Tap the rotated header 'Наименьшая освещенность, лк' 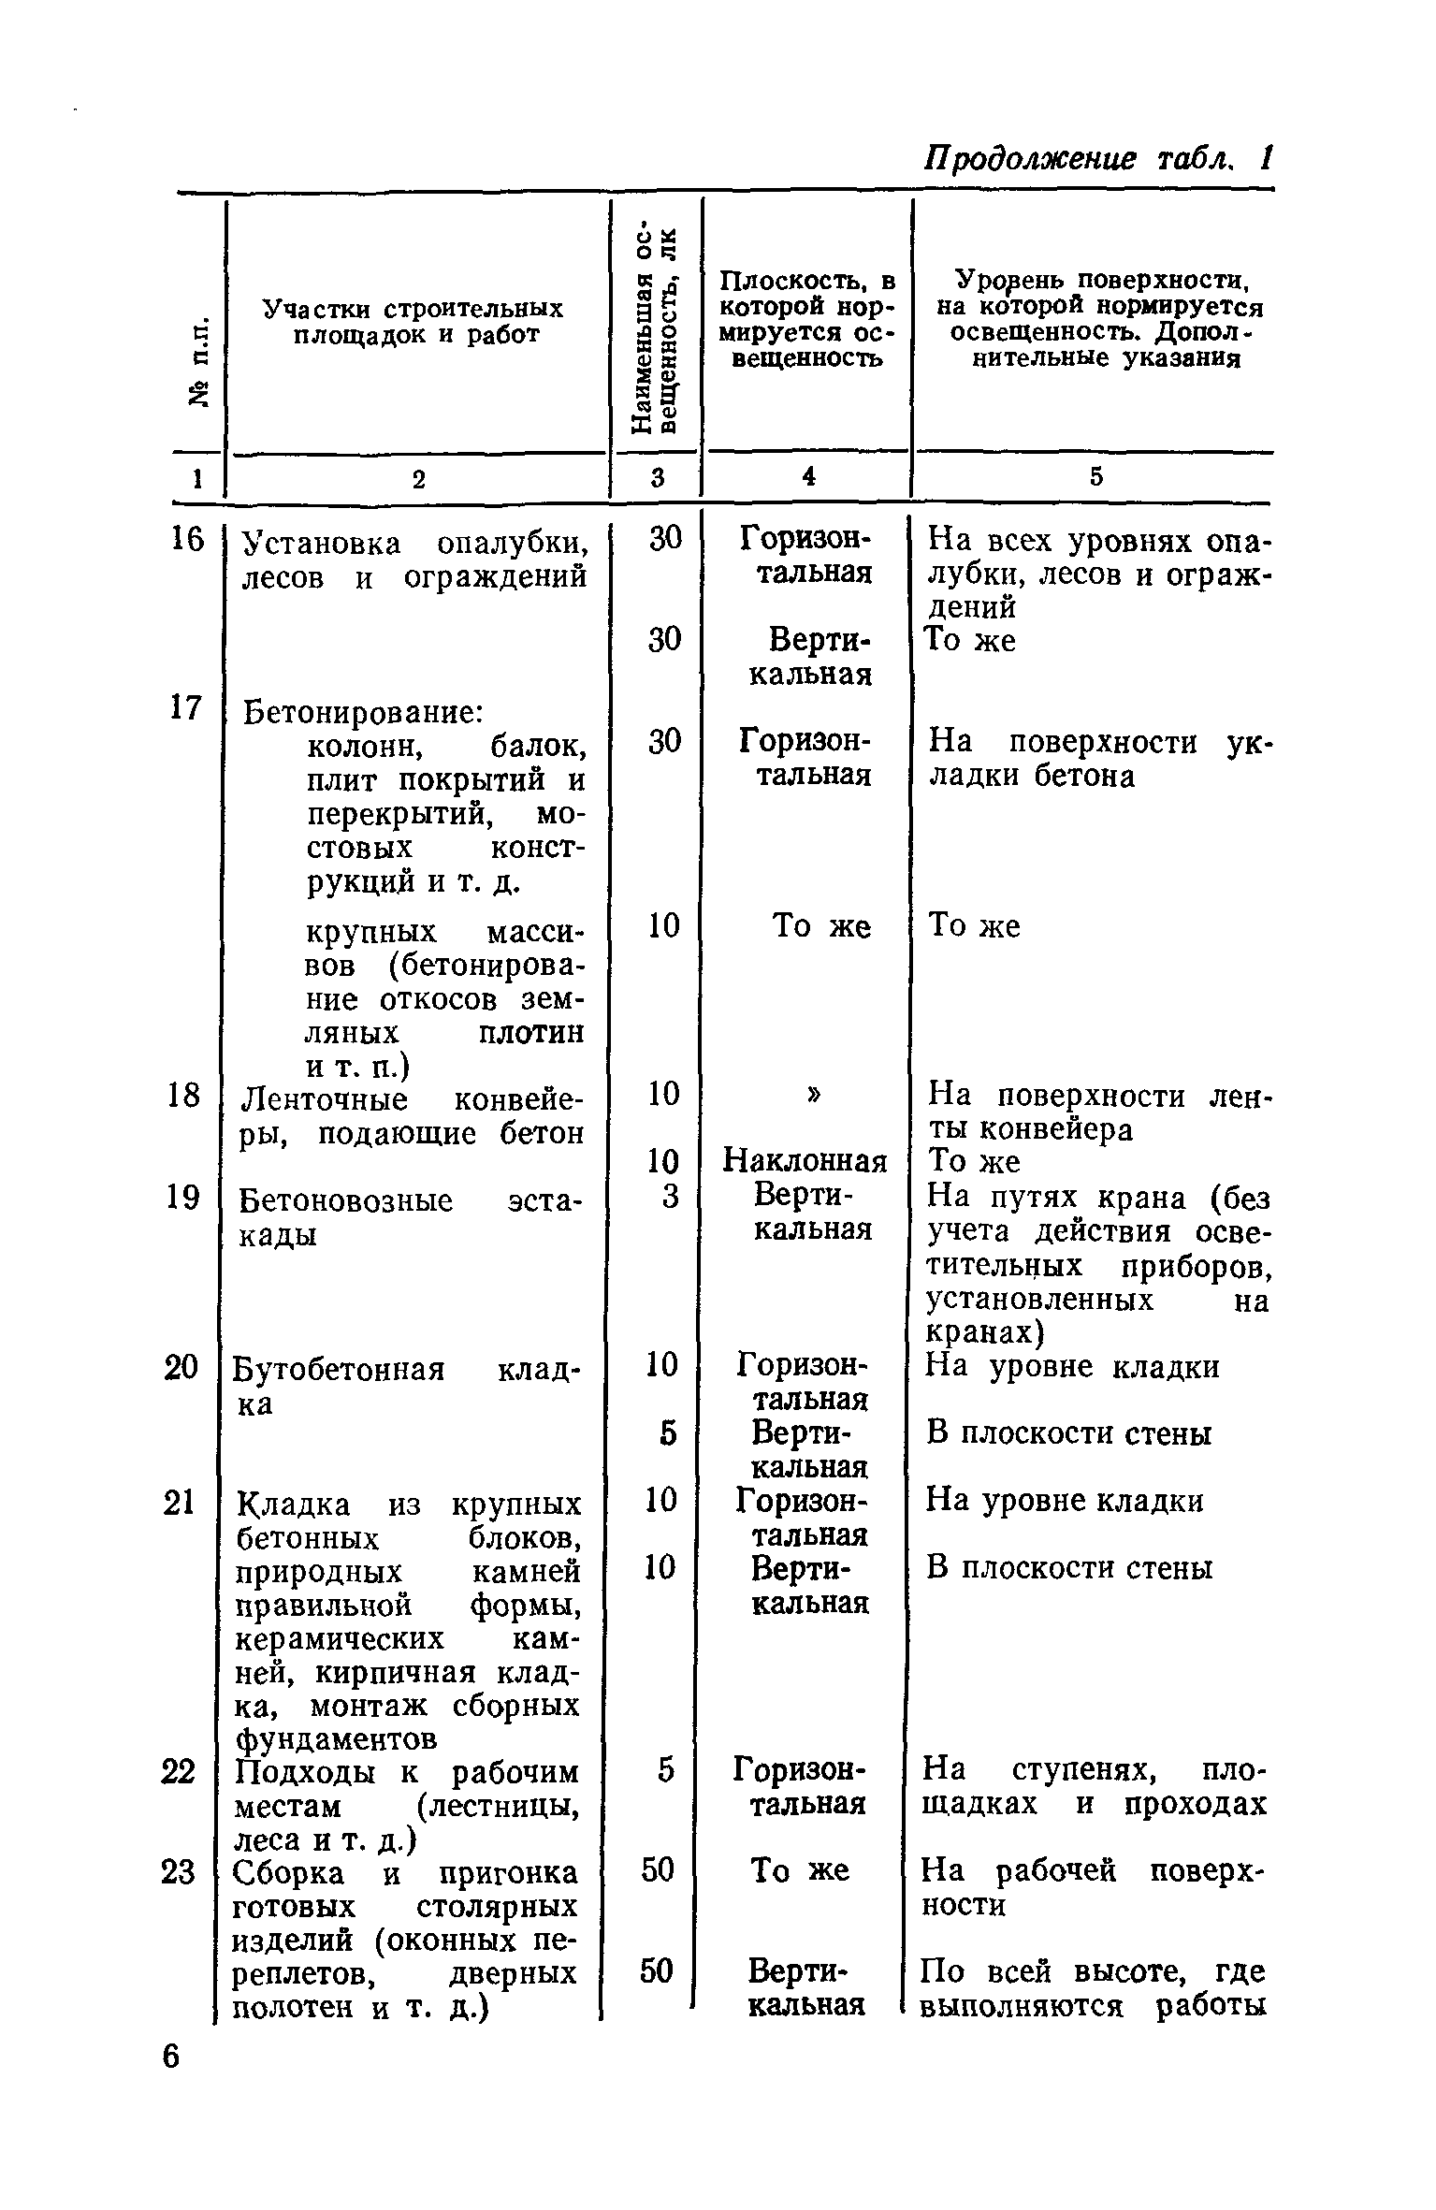click(654, 330)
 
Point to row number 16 click(184, 540)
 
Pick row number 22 click(179, 1771)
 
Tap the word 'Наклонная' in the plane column click(805, 1162)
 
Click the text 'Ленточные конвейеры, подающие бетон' click(412, 1114)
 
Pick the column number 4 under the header click(807, 476)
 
